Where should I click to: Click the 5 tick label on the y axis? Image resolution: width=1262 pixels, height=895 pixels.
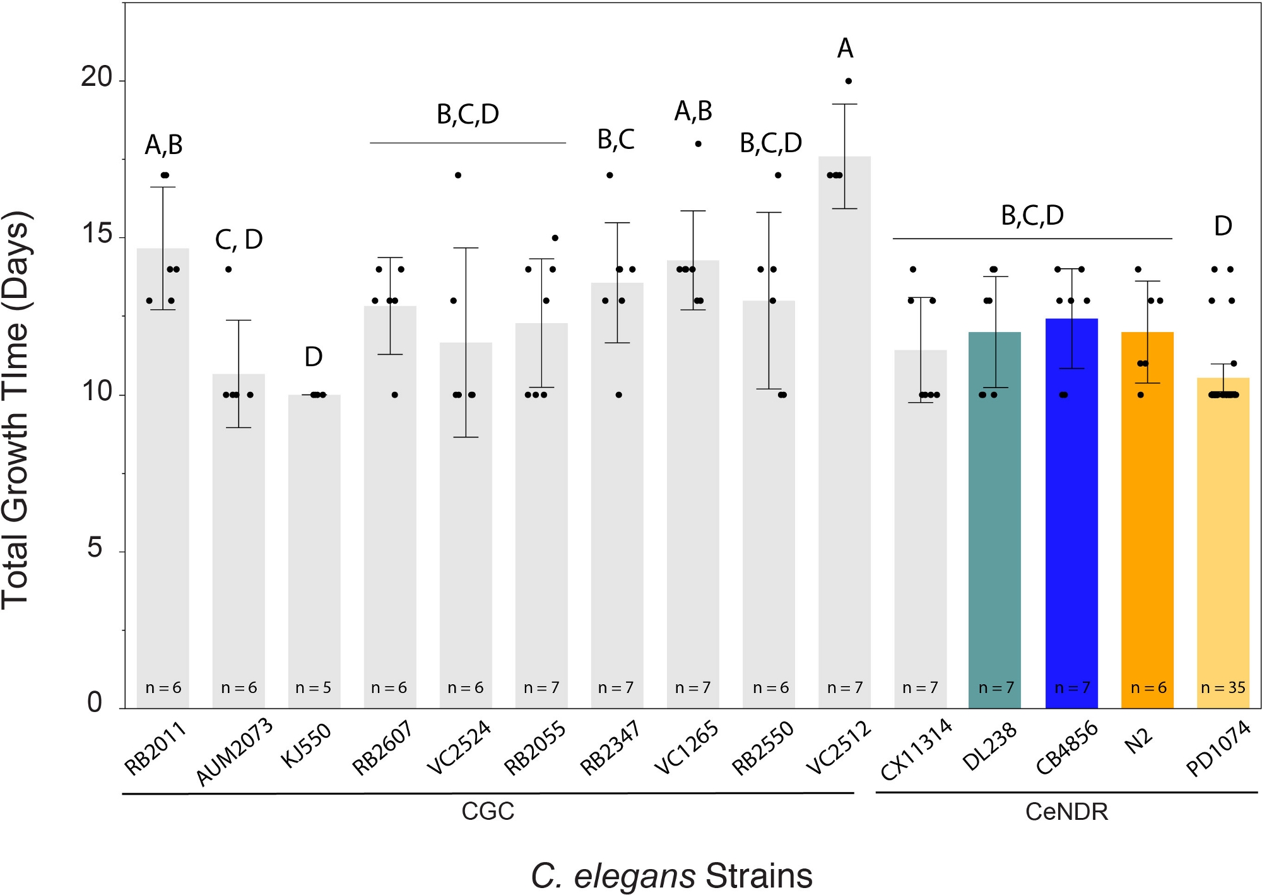pos(95,548)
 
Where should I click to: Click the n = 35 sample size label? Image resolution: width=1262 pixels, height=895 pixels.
pos(1223,687)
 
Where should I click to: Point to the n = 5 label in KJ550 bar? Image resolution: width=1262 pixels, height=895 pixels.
pos(314,687)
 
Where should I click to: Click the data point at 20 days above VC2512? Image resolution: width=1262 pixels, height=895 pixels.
pos(849,81)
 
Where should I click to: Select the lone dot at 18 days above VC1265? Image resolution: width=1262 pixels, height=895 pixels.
pos(698,144)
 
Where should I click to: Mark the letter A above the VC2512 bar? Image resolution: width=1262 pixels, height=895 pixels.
pos(845,49)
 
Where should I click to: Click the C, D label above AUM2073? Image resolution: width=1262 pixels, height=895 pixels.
pos(239,240)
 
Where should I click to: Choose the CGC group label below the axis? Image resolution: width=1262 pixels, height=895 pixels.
pos(488,811)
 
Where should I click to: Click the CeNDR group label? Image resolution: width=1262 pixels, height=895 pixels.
pos(1066,812)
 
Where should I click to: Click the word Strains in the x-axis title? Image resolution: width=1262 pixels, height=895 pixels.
pos(759,876)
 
